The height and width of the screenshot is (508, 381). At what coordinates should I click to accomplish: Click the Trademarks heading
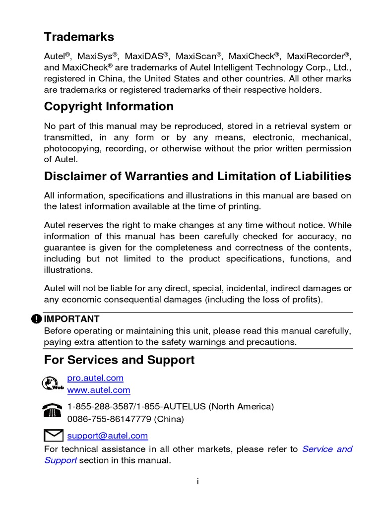click(79, 37)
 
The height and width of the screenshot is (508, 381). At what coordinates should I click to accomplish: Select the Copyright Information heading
click(109, 107)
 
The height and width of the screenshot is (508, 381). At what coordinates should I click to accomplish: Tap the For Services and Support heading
click(119, 360)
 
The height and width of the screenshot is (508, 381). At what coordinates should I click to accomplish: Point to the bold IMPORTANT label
click(71, 319)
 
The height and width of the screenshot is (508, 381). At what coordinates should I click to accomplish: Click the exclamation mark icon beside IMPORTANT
click(36, 319)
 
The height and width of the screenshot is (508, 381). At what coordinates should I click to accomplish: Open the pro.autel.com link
click(95, 378)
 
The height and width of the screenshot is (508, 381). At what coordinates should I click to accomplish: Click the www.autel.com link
click(99, 390)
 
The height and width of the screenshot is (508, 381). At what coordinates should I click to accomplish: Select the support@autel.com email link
click(108, 436)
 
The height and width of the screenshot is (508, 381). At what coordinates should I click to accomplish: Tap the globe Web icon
click(52, 384)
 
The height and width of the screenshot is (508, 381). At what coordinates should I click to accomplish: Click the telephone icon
click(52, 411)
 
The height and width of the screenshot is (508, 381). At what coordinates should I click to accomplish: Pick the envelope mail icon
click(53, 436)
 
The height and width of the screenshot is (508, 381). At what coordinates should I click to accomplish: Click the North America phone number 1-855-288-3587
click(100, 407)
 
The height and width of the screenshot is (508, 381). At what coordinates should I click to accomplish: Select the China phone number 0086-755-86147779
click(109, 419)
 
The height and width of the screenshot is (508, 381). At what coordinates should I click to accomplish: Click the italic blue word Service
click(317, 449)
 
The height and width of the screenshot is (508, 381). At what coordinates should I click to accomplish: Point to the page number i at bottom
click(197, 481)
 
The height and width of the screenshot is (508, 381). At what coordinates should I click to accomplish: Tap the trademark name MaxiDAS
click(144, 56)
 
